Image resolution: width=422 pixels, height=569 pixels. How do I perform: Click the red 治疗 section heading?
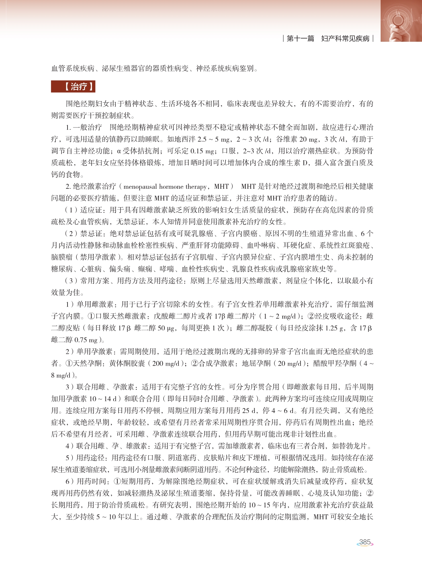pyautogui.click(x=73, y=87)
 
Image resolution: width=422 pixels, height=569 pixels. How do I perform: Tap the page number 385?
pyautogui.click(x=365, y=542)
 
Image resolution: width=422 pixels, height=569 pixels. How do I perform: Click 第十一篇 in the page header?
pyautogui.click(x=300, y=39)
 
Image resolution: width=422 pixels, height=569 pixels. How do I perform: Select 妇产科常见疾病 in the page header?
pyautogui.click(x=345, y=39)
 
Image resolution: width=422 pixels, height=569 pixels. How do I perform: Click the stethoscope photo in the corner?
pyautogui.click(x=401, y=21)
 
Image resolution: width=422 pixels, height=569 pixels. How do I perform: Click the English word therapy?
pyautogui.click(x=196, y=186)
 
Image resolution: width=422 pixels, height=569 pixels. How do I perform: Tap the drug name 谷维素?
pyautogui.click(x=287, y=139)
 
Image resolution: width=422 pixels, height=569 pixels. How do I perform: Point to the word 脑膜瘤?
pyautogui.click(x=62, y=257)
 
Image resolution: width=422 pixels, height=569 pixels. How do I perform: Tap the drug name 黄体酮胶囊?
pyautogui.click(x=127, y=363)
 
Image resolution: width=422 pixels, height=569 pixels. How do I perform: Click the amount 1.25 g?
pyautogui.click(x=336, y=328)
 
